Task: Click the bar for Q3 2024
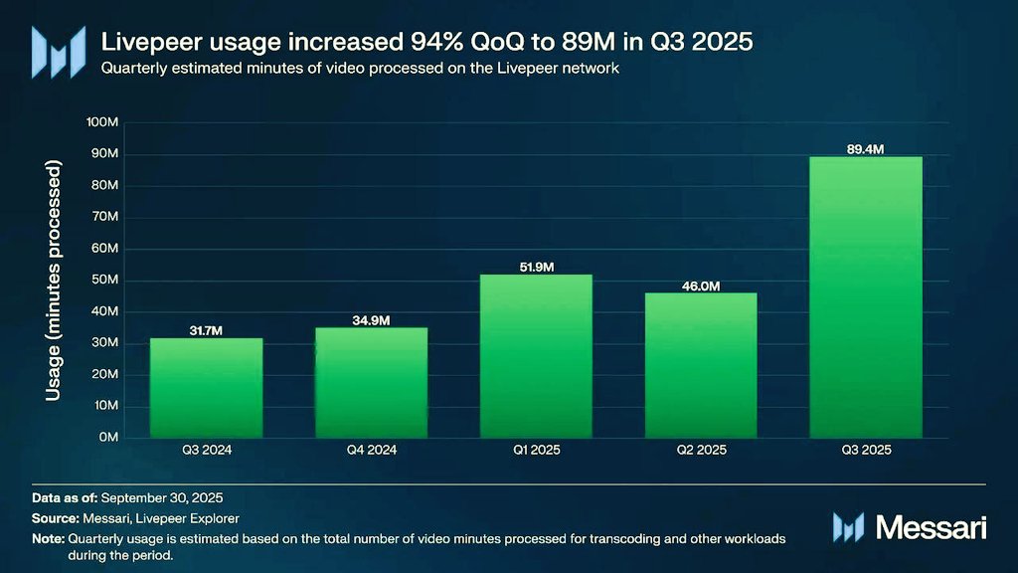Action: point(207,388)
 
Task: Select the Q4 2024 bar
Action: point(372,383)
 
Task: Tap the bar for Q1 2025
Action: point(536,356)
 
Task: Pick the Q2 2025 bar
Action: point(701,365)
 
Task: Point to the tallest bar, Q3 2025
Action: point(866,296)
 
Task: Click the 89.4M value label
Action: point(866,149)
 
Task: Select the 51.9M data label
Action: point(536,267)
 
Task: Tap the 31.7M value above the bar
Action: point(206,330)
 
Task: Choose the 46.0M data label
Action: point(701,286)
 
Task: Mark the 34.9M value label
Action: point(372,320)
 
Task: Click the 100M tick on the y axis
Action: point(102,122)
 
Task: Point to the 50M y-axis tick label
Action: point(104,280)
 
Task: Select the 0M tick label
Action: point(108,438)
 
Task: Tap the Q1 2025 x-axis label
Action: point(536,450)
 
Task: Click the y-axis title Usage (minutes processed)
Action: point(54,280)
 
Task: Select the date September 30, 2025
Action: point(162,498)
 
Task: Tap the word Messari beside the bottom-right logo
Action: point(931,527)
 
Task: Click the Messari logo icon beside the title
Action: point(59,52)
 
